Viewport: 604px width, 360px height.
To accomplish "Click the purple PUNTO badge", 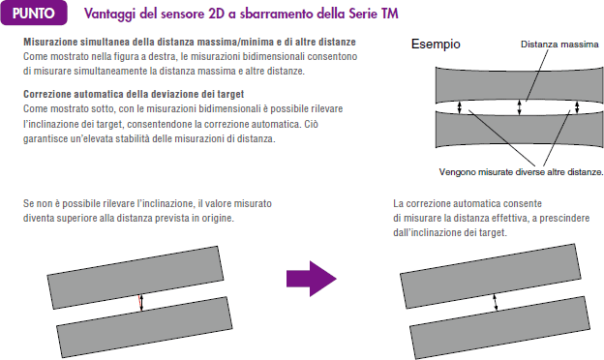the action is (x=34, y=14).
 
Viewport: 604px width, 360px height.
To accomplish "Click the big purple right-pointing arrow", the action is (x=312, y=279).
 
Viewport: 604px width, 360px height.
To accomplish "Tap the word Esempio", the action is (x=436, y=45).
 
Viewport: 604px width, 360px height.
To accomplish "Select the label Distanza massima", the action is (x=559, y=45).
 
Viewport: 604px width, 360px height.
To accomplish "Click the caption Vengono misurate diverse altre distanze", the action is (x=521, y=171).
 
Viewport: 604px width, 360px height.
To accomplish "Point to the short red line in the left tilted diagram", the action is (x=139, y=303).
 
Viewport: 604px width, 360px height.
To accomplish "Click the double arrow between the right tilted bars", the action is (x=496, y=302).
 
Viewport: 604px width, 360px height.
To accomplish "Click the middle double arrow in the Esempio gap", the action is (x=519, y=107).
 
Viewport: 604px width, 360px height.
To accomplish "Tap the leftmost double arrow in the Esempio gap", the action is (x=459, y=107).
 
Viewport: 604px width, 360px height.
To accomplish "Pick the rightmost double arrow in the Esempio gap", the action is (x=577, y=107).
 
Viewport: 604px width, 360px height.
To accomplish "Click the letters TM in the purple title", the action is (x=389, y=14).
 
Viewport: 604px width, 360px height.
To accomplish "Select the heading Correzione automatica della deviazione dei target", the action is (x=134, y=94).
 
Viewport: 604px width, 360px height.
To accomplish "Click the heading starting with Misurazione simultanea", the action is (x=190, y=42).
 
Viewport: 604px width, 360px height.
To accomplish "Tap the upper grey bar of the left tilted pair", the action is (x=136, y=278).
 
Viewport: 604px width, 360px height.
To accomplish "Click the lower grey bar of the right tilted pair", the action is (x=499, y=328).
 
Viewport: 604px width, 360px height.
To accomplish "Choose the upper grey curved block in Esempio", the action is (x=519, y=83).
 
